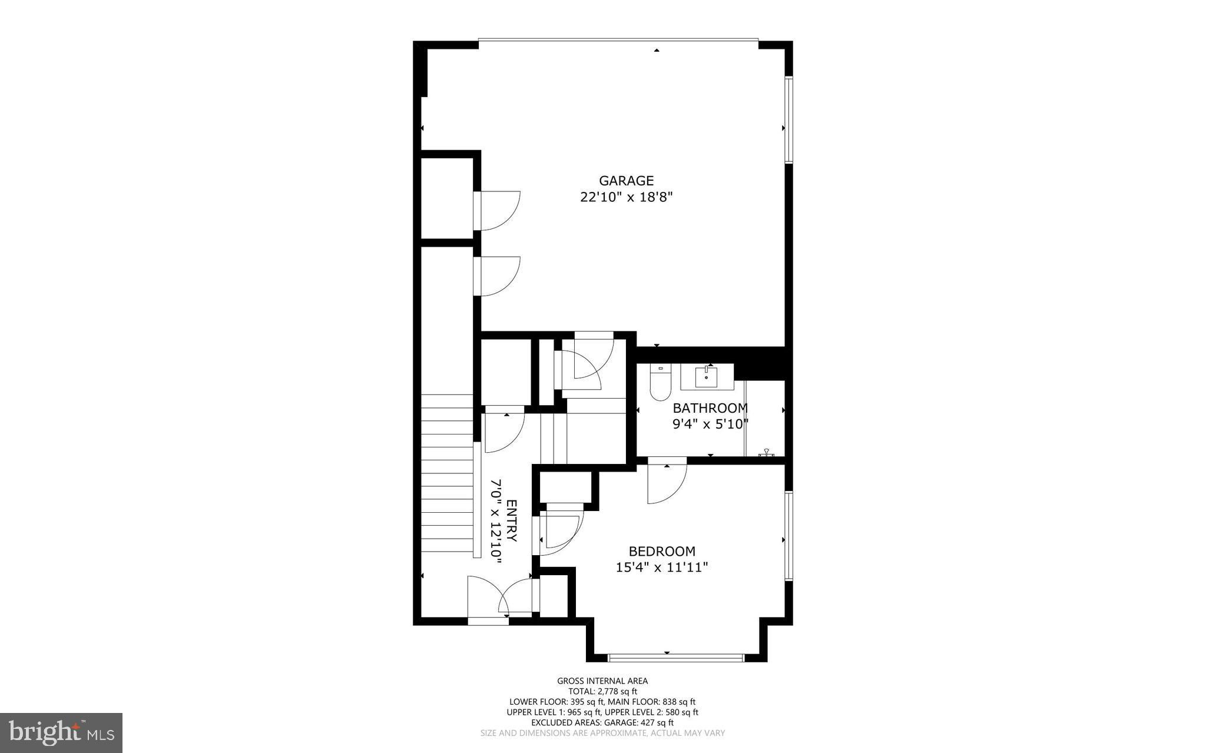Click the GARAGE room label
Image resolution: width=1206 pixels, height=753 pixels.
tap(626, 181)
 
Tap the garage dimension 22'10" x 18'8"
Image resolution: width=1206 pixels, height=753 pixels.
tap(626, 197)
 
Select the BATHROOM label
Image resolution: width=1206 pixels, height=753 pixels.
tap(710, 408)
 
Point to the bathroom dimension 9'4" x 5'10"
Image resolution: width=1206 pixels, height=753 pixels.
tap(710, 424)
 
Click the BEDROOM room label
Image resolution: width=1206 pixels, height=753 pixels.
tap(662, 552)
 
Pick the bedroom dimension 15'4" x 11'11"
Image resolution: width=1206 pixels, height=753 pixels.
tap(662, 568)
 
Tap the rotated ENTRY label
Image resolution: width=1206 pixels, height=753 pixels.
tap(512, 521)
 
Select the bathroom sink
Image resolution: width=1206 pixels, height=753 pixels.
tap(707, 377)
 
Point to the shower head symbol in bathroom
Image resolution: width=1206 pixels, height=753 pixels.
tap(767, 453)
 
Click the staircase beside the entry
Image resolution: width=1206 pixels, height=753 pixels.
tap(448, 475)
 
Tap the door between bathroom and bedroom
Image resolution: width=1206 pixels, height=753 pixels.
tap(667, 481)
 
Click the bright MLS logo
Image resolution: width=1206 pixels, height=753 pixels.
tap(61, 733)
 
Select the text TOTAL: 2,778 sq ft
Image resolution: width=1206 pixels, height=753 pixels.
tap(602, 692)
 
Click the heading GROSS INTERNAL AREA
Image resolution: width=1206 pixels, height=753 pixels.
tap(602, 681)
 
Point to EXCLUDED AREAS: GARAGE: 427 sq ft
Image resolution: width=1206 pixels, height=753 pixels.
tap(602, 722)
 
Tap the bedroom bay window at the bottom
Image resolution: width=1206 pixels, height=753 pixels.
tap(676, 658)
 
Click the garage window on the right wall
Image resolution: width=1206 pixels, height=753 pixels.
tap(789, 120)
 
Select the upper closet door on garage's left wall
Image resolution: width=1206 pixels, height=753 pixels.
tap(498, 210)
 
